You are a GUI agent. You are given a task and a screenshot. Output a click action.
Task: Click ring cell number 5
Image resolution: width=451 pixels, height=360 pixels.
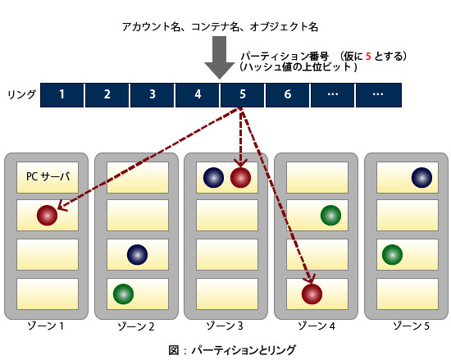pos(242,95)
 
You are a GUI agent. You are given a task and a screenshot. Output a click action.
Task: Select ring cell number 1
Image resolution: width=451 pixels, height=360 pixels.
pos(61,95)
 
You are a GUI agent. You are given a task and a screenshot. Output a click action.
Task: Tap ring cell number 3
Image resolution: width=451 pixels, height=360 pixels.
pos(153,95)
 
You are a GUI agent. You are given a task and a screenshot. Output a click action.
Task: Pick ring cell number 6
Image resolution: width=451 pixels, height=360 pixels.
pos(287,95)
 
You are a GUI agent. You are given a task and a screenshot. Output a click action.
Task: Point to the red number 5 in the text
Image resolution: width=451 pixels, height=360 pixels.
pos(368,56)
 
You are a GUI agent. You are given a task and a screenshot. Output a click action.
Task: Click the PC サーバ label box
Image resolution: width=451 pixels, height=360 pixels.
pos(48,177)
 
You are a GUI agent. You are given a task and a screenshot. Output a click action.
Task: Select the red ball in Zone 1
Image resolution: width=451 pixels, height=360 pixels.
pos(48,215)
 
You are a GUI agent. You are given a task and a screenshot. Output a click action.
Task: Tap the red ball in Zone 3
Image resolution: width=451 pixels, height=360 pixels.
pos(240,178)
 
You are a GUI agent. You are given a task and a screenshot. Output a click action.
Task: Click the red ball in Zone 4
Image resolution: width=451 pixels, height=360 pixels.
pos(312,294)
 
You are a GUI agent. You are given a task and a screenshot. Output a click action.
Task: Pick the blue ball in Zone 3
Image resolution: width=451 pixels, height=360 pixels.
pos(213,178)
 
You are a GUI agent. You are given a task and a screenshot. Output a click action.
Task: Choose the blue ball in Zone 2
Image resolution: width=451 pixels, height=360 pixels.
pos(137,254)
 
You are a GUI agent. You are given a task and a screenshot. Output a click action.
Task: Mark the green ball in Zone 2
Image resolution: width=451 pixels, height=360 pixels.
pos(123,294)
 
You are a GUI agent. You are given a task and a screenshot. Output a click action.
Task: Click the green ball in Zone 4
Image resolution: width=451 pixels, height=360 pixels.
pos(330,215)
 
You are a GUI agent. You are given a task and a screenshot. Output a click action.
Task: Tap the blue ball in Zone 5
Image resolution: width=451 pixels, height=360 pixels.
pos(421,178)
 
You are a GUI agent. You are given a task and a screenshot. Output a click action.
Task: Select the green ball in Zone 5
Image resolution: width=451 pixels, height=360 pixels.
pos(392,254)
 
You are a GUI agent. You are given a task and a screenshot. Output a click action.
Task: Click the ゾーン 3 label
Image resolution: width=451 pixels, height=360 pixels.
pos(225,326)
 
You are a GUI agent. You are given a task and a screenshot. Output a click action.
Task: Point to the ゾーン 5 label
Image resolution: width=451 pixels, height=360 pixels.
pos(412,326)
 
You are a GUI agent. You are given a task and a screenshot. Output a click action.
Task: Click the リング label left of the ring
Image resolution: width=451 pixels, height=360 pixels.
pos(21,94)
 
